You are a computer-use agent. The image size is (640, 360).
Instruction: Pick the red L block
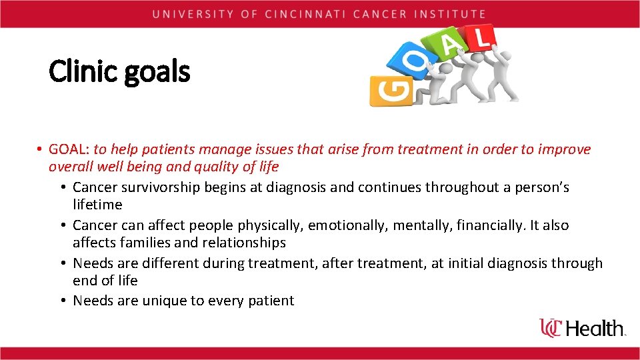(481, 38)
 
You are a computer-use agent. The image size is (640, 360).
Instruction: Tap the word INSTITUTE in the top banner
(453, 13)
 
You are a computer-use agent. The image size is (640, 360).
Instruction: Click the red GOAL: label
(69, 149)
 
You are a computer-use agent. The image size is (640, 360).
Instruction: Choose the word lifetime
(97, 205)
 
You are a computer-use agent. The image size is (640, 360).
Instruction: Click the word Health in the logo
(597, 328)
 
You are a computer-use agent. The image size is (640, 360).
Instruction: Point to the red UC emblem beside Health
(551, 327)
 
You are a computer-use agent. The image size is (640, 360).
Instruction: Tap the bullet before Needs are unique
(61, 301)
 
